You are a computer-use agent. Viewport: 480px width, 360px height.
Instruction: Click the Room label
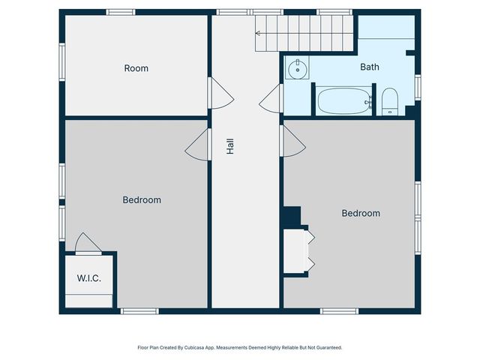click(136, 68)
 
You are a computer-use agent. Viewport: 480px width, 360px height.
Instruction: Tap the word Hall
click(230, 145)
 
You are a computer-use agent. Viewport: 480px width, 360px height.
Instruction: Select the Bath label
click(369, 67)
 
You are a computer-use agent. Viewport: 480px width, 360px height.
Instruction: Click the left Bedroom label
click(142, 200)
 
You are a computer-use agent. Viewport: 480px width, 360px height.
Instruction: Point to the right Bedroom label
click(361, 213)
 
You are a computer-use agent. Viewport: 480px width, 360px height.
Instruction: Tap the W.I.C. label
click(88, 278)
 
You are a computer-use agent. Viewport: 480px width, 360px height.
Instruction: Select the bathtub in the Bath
click(343, 101)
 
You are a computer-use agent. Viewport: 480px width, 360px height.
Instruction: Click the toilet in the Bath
click(390, 101)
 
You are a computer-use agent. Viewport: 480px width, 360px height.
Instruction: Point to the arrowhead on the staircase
click(258, 33)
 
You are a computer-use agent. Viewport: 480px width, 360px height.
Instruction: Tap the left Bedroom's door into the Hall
click(196, 144)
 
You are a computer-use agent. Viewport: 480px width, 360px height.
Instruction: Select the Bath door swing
click(271, 98)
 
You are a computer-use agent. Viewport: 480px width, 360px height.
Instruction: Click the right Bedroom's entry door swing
click(292, 142)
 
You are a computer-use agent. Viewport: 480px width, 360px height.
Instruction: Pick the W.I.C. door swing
click(87, 243)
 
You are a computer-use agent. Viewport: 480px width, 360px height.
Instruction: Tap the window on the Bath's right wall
click(418, 87)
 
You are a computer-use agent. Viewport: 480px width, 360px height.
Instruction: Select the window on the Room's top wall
click(120, 12)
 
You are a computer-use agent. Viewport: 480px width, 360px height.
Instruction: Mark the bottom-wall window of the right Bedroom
click(339, 310)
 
